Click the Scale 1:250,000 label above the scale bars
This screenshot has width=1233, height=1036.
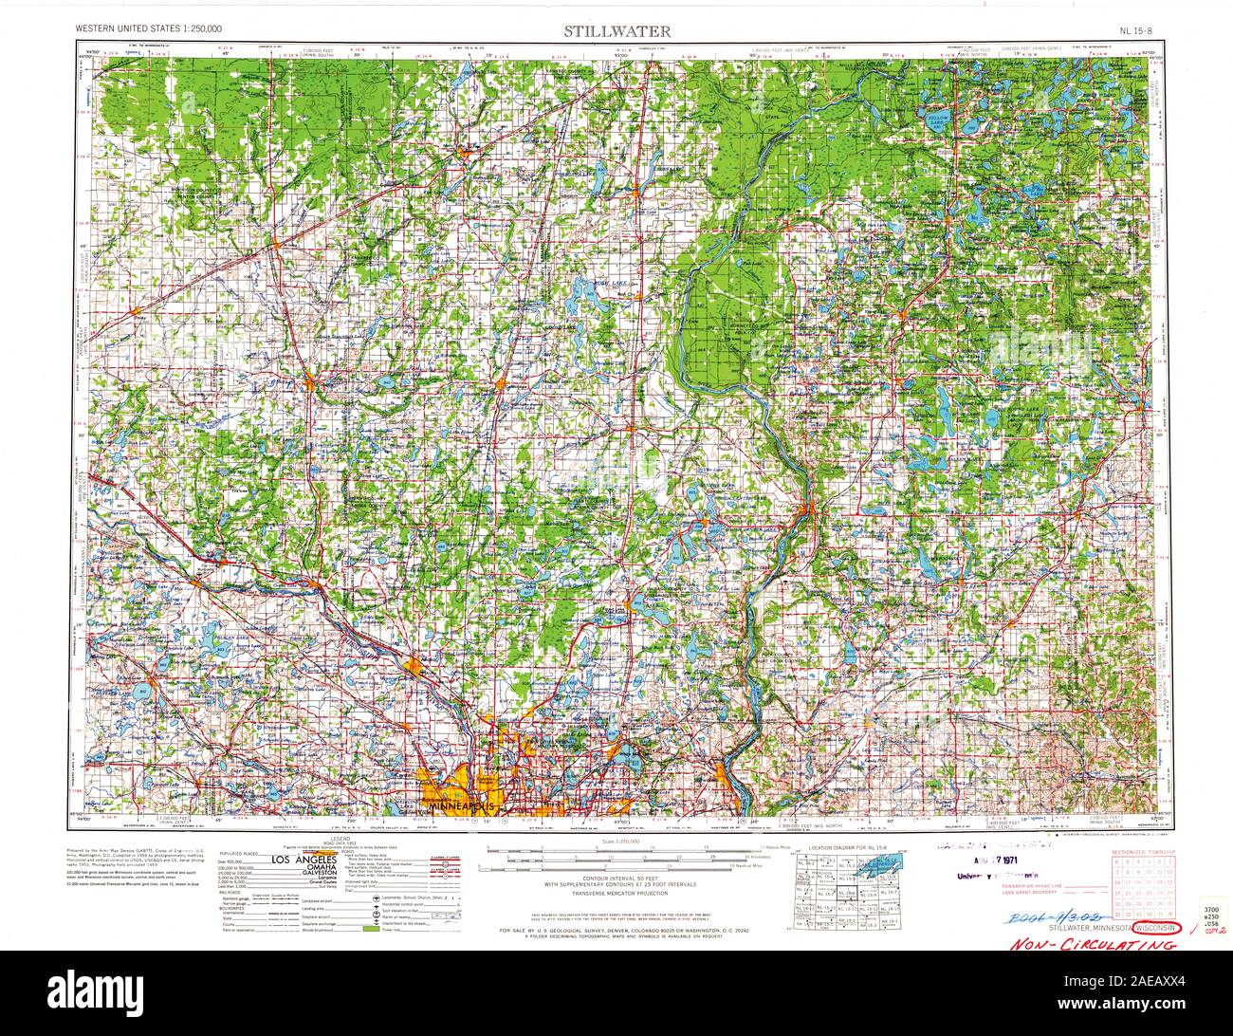point(621,842)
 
